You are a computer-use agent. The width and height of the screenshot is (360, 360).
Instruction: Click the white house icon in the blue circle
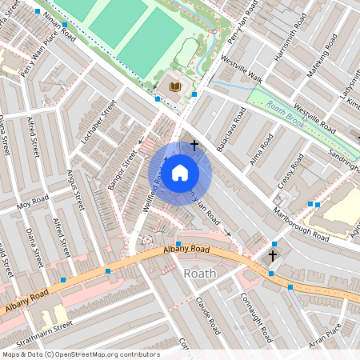(180, 172)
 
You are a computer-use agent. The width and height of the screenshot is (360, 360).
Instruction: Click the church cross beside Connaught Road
(273, 256)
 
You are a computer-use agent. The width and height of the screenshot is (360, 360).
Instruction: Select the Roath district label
(200, 274)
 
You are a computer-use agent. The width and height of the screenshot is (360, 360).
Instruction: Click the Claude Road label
(207, 314)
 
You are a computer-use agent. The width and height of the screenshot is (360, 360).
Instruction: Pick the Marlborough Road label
(300, 226)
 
